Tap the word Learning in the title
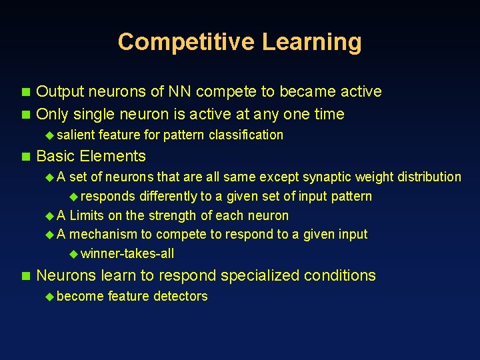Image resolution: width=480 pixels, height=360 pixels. click(311, 42)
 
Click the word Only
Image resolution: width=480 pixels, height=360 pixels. click(53, 114)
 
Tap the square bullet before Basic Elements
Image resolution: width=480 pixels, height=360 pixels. click(26, 157)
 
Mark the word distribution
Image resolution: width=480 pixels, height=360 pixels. click(429, 177)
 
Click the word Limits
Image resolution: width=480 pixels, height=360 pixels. click(87, 215)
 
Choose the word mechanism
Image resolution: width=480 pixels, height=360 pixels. click(101, 234)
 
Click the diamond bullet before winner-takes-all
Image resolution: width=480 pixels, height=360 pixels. click(73, 254)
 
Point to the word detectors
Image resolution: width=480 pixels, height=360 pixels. click(180, 296)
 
